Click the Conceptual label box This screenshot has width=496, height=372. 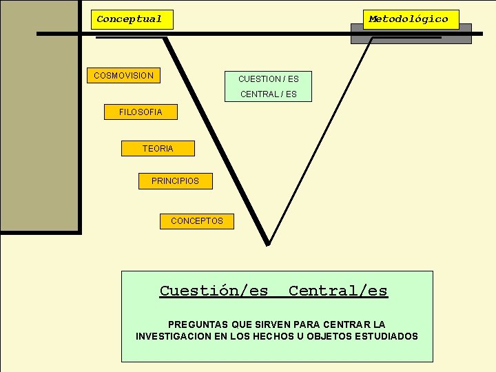132,19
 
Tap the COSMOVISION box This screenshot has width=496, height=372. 124,74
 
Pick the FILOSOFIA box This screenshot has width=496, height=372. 141,112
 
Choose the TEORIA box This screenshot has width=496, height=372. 158,148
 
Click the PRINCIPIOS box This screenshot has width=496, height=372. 176,180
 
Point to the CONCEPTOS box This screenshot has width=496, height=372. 197,221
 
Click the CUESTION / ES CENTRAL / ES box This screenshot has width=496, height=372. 269,86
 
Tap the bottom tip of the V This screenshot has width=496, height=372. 268,243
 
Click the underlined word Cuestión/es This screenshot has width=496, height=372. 214,291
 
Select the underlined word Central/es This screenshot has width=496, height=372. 338,291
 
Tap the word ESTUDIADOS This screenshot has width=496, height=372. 385,336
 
